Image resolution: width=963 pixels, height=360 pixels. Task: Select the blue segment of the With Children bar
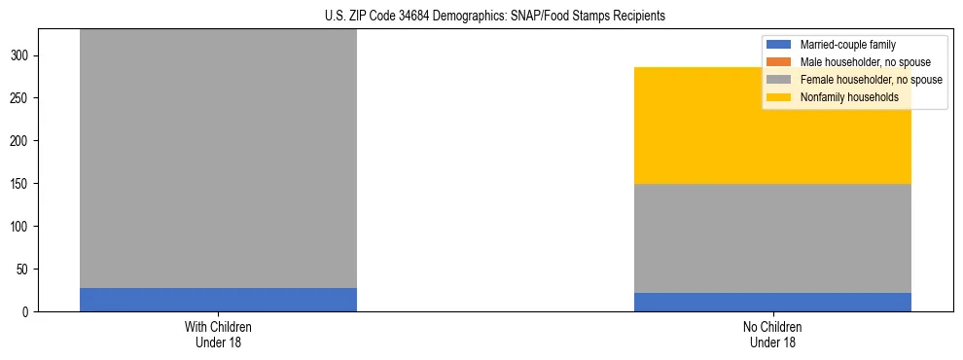coord(218,300)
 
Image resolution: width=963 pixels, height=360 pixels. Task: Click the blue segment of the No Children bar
coord(772,303)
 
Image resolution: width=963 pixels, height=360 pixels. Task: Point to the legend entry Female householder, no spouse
coord(871,80)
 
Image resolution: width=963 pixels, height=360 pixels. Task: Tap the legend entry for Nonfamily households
coord(848,97)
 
